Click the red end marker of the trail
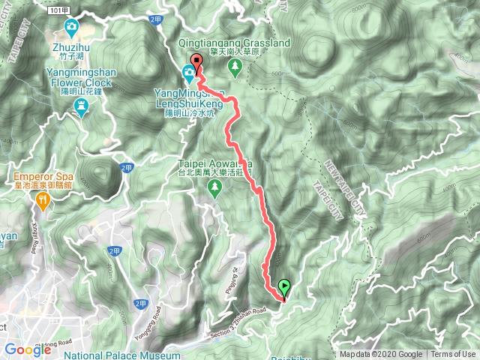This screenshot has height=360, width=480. pyautogui.click(x=197, y=61)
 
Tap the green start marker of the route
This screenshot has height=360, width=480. pyautogui.click(x=284, y=286)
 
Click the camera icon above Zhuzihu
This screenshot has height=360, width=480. pyautogui.click(x=71, y=29)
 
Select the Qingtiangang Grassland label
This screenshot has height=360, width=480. pyautogui.click(x=235, y=44)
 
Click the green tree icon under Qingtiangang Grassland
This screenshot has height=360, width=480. pyautogui.click(x=235, y=68)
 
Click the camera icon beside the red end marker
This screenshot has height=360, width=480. pyautogui.click(x=187, y=73)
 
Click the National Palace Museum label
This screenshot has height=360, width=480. pyautogui.click(x=122, y=355)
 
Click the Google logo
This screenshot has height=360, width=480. pyautogui.click(x=28, y=349)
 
